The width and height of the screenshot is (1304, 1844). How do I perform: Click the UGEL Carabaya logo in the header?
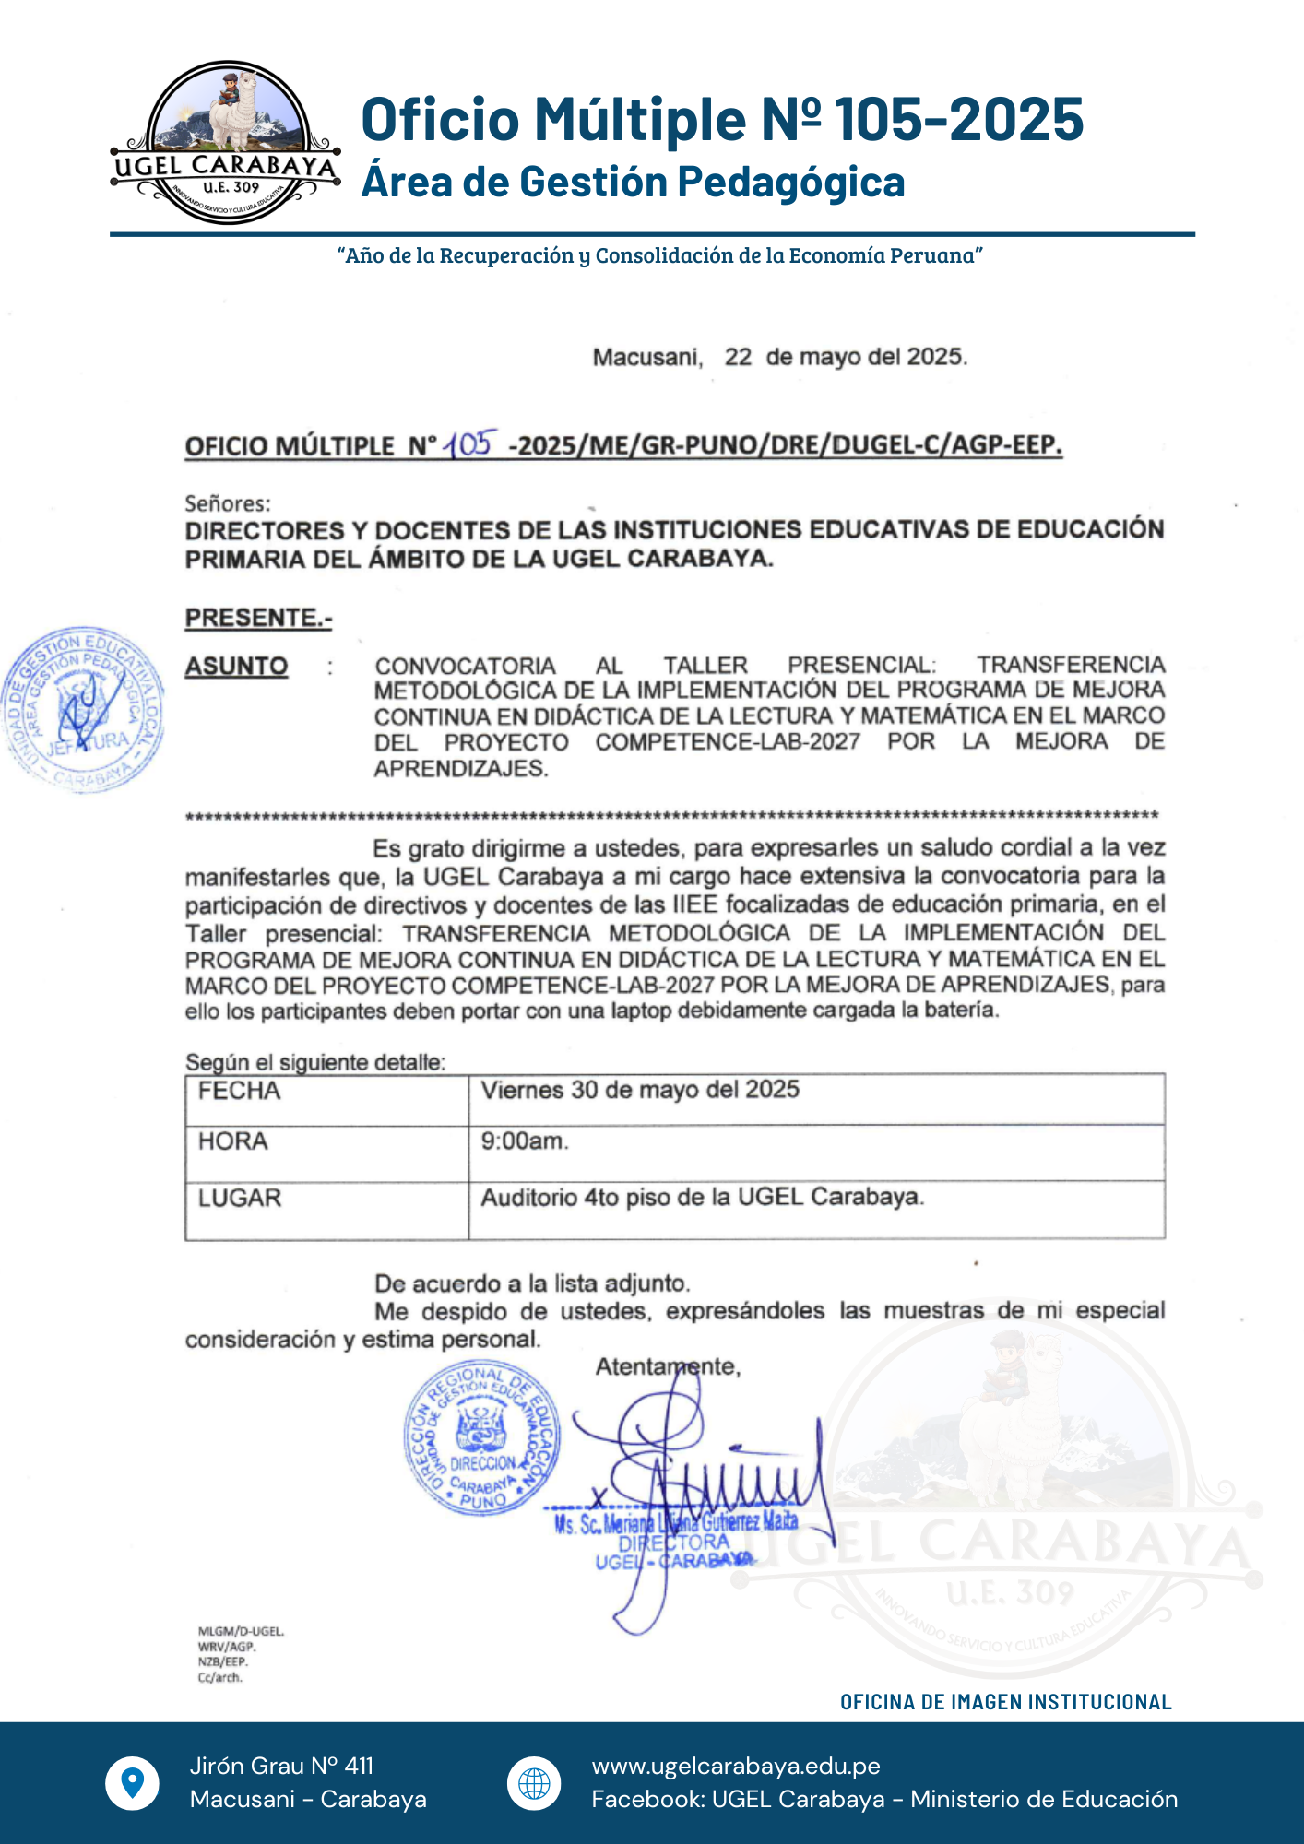[x=226, y=143]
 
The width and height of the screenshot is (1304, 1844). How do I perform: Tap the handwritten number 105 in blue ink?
[x=471, y=444]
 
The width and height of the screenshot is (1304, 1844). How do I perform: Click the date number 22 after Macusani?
[x=738, y=357]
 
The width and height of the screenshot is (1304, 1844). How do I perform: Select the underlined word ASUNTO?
[x=237, y=666]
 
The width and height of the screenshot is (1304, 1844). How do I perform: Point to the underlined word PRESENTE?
[x=258, y=617]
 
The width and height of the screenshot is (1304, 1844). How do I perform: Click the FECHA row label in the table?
[x=239, y=1091]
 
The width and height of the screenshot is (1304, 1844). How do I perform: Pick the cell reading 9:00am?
[x=524, y=1141]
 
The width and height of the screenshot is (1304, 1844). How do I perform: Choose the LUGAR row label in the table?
[x=239, y=1198]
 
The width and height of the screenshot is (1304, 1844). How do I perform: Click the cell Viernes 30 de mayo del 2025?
[x=640, y=1090]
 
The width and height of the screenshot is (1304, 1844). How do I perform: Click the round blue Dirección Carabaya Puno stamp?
[x=482, y=1438]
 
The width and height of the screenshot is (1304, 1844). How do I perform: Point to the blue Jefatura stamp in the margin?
[x=84, y=709]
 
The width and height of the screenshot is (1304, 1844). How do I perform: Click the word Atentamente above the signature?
[x=668, y=1366]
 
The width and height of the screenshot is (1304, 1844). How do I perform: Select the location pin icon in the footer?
[x=133, y=1782]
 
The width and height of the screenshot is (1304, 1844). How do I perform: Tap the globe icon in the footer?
[x=534, y=1782]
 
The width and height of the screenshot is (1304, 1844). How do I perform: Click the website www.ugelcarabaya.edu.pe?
[x=736, y=1766]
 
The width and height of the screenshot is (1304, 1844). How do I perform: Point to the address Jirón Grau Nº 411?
[x=281, y=1766]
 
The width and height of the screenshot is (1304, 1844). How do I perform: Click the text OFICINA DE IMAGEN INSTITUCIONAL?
[x=1005, y=1702]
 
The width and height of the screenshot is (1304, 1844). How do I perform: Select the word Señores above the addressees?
[x=228, y=503]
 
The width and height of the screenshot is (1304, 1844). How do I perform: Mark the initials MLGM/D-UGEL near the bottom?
[x=241, y=1631]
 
